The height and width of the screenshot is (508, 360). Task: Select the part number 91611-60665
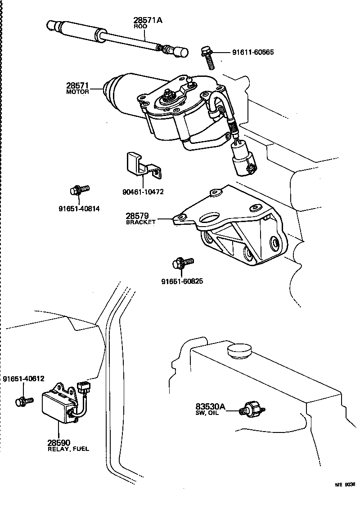coord(252,52)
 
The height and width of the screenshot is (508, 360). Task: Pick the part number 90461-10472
coord(143,192)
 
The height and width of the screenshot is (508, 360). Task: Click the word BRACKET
coord(140,222)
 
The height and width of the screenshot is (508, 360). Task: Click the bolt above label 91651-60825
coord(182,263)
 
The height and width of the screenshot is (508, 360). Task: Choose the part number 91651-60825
coord(182,281)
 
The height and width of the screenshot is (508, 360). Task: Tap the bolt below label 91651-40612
coord(23,401)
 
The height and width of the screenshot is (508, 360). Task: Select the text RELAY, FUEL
coord(68,449)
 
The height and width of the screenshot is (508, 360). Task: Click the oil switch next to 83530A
coord(252,408)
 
